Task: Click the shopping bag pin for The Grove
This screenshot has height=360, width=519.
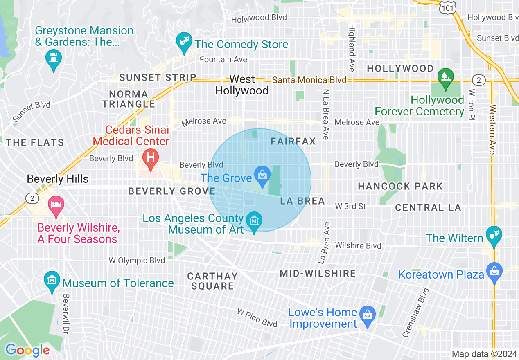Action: [262, 175]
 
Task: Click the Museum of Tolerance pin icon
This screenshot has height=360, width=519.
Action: [52, 281]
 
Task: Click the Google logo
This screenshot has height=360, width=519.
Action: [27, 350]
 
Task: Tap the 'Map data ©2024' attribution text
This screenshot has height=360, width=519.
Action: [484, 354]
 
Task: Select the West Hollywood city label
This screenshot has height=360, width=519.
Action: [241, 85]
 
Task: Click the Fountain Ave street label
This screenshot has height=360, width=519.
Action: [223, 60]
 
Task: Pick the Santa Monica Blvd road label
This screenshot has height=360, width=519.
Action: [309, 80]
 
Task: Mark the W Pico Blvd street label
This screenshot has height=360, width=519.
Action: [257, 317]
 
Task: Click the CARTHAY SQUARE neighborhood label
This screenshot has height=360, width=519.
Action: [212, 281]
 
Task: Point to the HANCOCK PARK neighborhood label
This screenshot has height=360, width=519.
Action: [400, 187]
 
